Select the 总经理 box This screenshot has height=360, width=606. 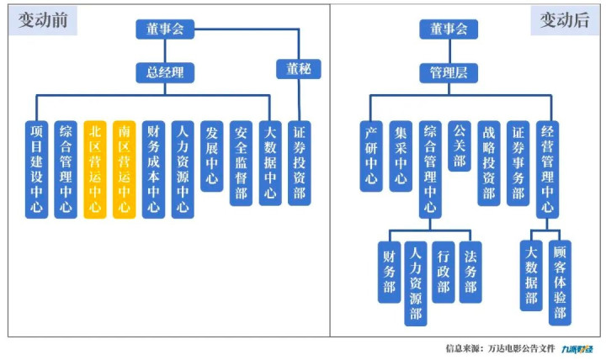click(x=166, y=72)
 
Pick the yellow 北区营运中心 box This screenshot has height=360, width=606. click(x=94, y=168)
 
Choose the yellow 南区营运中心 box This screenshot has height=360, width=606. click(x=124, y=168)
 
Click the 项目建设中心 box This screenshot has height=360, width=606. click(x=35, y=168)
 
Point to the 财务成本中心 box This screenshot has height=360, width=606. click(x=153, y=168)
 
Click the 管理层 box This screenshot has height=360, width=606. click(x=449, y=73)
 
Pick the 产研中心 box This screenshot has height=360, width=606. click(x=372, y=156)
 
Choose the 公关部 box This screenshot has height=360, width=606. click(x=460, y=145)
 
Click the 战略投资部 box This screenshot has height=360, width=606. click(x=488, y=161)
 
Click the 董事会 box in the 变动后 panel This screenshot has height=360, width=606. click(x=449, y=29)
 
